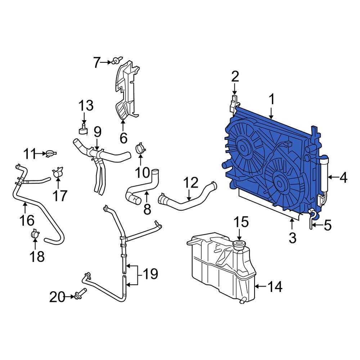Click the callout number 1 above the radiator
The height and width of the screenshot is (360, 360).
coord(272,99)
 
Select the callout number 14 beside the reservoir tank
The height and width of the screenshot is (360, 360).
coord(274,287)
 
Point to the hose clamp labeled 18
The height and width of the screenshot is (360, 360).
coord(35,234)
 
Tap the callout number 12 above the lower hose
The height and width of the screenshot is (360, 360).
coord(190,183)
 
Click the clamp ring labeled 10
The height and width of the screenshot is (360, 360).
coord(140,149)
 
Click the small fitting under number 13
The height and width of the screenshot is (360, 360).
coord(83,129)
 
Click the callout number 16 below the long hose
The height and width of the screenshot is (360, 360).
coord(27,220)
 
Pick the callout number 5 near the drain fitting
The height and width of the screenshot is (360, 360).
coord(327,226)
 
